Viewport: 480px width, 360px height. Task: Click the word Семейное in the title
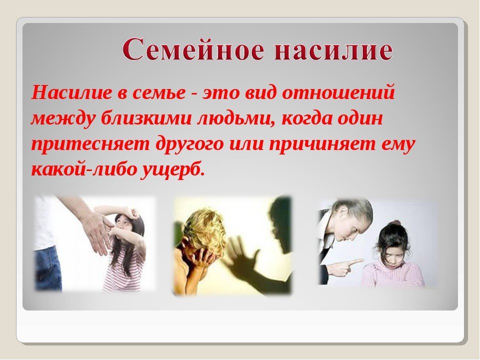tap(194, 49)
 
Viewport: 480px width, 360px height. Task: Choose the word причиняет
tap(321, 144)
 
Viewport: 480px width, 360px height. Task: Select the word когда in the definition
tap(307, 118)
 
